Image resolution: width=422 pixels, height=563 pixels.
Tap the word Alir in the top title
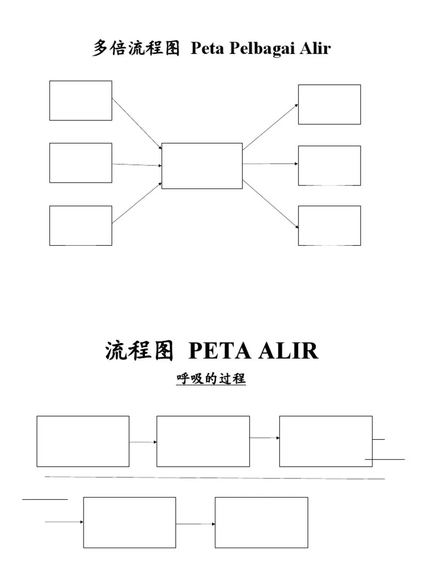315,48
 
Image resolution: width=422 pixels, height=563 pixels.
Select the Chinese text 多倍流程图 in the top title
136,49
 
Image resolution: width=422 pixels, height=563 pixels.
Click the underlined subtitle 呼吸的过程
211,379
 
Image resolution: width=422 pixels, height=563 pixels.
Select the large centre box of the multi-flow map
202,165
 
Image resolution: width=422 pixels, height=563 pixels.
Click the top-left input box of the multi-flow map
81,101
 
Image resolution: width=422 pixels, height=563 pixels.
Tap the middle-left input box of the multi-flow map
81,163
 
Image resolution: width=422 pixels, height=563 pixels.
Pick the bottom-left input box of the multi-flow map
81,225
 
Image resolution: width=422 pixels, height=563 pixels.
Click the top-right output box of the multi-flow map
329,104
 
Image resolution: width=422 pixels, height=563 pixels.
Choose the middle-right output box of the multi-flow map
329,165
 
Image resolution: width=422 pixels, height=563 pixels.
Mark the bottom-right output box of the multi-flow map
329,225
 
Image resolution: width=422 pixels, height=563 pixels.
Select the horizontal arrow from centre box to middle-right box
270,164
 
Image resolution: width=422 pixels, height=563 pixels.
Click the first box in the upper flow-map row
83,441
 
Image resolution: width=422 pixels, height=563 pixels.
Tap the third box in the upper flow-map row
326,441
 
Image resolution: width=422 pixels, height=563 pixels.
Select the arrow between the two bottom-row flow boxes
195,524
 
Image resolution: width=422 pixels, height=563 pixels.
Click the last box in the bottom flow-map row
262,522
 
